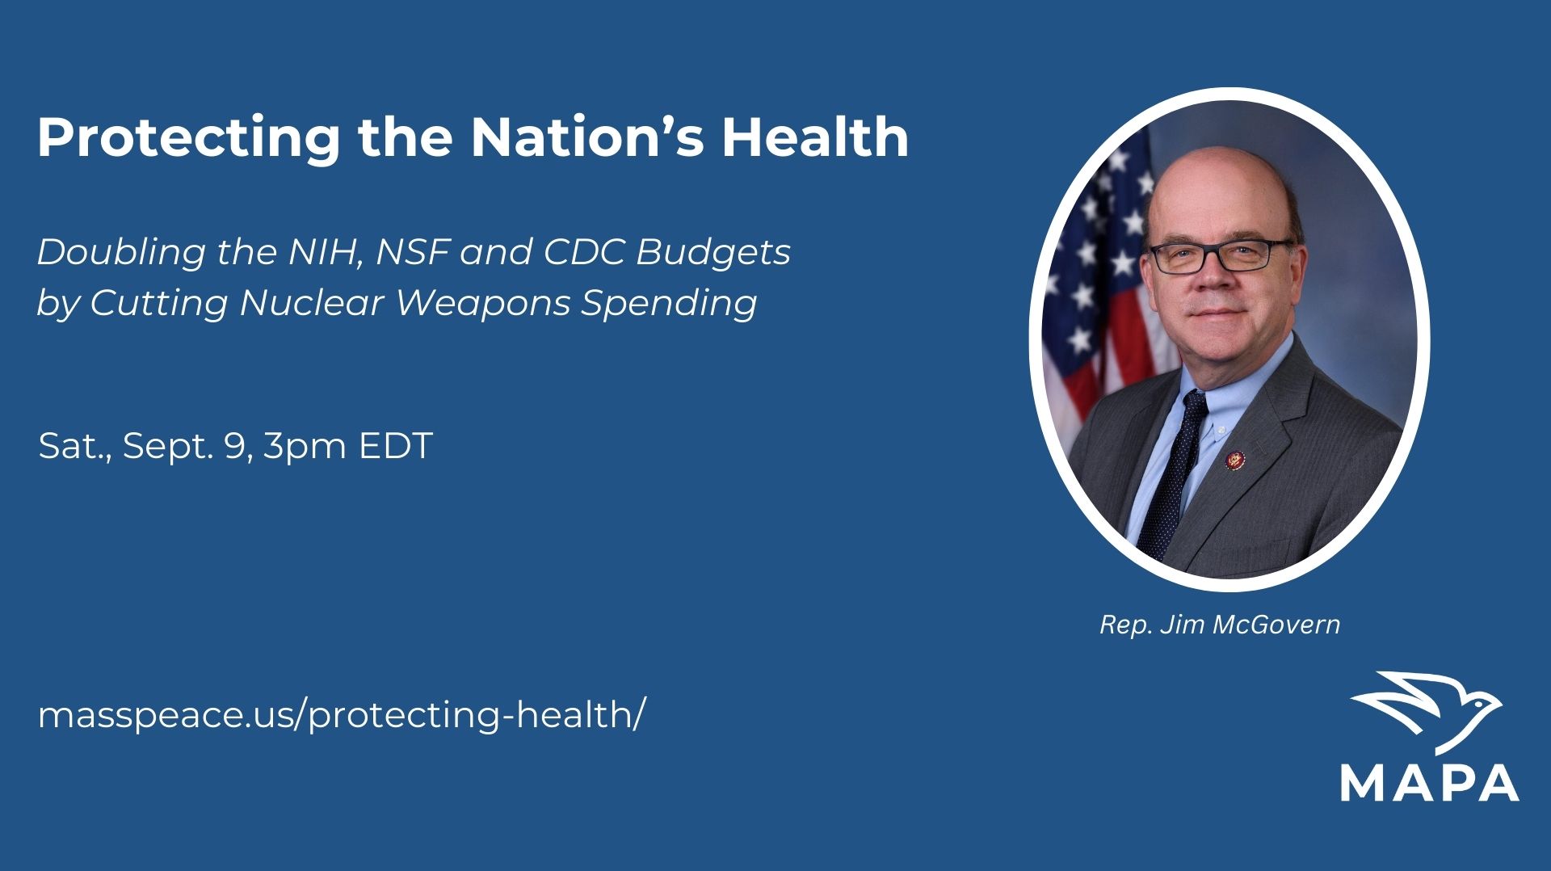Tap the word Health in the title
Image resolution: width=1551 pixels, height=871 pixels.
tap(815, 137)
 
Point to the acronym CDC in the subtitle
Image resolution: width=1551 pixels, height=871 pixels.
tap(584, 252)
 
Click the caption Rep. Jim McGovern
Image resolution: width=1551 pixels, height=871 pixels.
tap(1220, 625)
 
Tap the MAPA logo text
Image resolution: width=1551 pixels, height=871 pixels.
tap(1430, 782)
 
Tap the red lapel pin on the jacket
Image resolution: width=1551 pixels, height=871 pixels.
tap(1236, 461)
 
